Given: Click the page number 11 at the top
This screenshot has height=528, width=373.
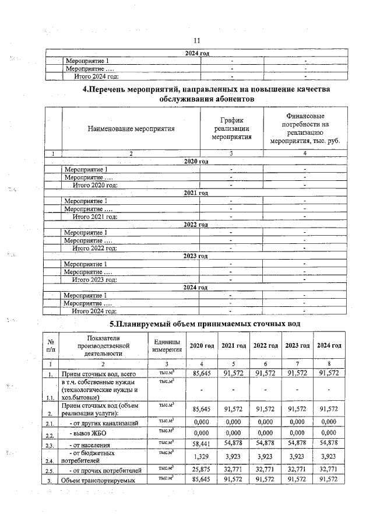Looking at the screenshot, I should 196,41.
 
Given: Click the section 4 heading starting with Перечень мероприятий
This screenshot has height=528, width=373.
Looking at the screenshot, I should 206,94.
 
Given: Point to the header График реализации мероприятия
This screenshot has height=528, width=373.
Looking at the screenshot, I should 232,128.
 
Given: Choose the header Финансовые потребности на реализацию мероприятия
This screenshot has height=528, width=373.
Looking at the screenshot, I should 305,128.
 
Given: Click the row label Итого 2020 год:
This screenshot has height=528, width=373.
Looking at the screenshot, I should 95,185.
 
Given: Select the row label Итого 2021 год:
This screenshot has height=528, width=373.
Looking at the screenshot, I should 95,216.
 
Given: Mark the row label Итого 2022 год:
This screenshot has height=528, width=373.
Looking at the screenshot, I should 95,248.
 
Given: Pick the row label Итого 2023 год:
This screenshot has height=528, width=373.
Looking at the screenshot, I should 95,279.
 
